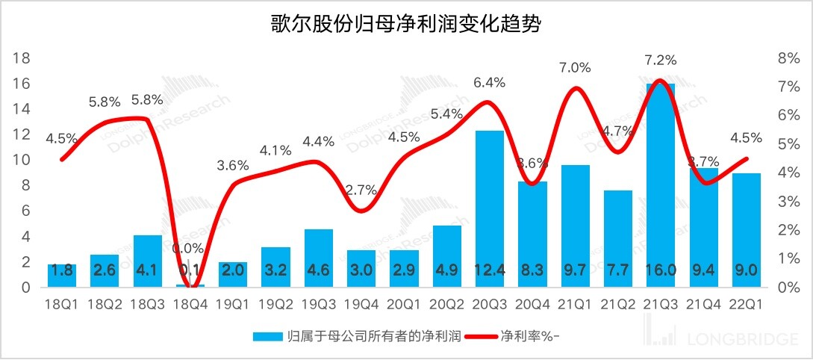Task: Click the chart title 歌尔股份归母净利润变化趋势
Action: click(x=406, y=25)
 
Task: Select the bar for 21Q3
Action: click(x=661, y=187)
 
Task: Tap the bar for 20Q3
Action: click(x=490, y=209)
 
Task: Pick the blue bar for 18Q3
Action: click(x=148, y=261)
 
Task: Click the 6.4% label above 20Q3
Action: click(x=490, y=83)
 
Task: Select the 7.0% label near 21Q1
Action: click(x=575, y=67)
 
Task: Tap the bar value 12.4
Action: click(x=490, y=271)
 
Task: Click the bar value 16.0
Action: click(x=661, y=271)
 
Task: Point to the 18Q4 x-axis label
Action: click(x=190, y=305)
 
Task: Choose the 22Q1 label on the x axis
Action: click(x=746, y=305)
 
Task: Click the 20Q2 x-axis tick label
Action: click(x=446, y=305)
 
